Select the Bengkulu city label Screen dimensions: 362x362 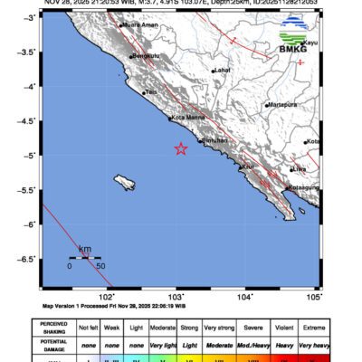click(147, 56)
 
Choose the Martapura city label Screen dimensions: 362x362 click(283, 105)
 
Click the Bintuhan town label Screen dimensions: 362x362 click(214, 141)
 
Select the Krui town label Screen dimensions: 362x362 click(247, 167)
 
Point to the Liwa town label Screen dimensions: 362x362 click(300, 168)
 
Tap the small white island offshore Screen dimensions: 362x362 click(126, 183)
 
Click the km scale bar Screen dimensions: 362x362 click(85, 258)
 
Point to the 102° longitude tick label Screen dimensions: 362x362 click(106, 296)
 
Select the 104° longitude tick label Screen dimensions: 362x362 click(245, 296)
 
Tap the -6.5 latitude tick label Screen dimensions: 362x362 click(28, 259)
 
